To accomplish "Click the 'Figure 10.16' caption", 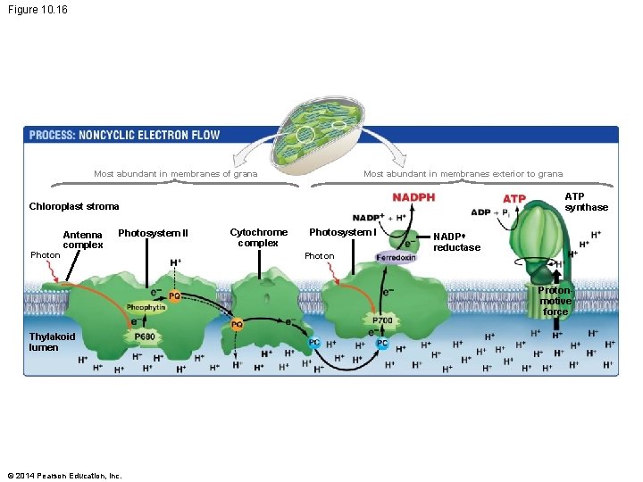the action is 37,10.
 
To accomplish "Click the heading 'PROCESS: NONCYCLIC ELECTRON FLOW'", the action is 124,136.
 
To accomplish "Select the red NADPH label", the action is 413,197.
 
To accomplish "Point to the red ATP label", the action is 514,198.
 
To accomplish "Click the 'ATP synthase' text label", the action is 587,202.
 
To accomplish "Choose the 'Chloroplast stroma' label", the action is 74,206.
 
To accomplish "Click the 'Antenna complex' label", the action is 83,240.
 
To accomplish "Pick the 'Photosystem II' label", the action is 153,234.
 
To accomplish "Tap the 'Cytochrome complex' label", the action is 258,237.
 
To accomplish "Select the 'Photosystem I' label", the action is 342,233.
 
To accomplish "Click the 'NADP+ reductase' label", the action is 456,242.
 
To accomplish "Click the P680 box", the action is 144,337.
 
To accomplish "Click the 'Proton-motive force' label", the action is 555,301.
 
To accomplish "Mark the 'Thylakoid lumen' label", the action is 52,342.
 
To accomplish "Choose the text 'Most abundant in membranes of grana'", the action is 175,174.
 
